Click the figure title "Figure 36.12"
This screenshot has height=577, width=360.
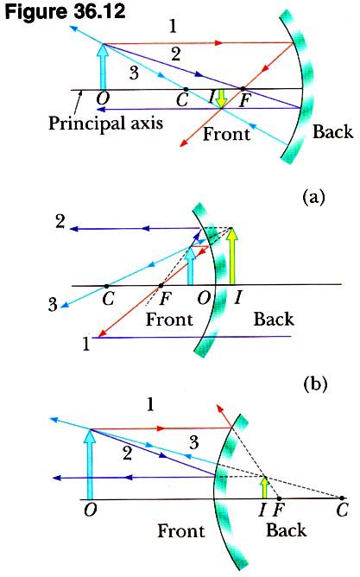tap(65, 12)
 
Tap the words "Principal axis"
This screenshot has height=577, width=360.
tap(106, 123)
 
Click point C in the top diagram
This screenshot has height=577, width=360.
tap(186, 89)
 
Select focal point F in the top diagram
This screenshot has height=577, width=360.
tap(243, 89)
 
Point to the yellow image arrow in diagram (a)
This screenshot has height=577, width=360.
tap(221, 98)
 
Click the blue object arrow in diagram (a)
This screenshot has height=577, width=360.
tap(104, 67)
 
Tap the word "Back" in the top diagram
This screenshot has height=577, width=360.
tap(332, 132)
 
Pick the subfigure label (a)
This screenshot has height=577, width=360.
tap(313, 198)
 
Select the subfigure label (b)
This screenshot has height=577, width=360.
tap(315, 384)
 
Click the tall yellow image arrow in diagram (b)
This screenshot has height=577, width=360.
tap(231, 257)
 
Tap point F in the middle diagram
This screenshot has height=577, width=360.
tap(161, 286)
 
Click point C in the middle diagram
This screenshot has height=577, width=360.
tap(107, 286)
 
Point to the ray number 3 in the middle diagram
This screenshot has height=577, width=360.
tap(53, 305)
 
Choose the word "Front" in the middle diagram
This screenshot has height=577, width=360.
tap(169, 319)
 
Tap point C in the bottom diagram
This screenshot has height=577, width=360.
tap(342, 498)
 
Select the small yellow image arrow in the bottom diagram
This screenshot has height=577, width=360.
tap(264, 487)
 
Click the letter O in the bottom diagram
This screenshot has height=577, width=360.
tap(91, 510)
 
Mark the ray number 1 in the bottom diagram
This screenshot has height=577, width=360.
tap(149, 405)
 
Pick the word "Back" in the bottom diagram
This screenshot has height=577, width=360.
tap(286, 530)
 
